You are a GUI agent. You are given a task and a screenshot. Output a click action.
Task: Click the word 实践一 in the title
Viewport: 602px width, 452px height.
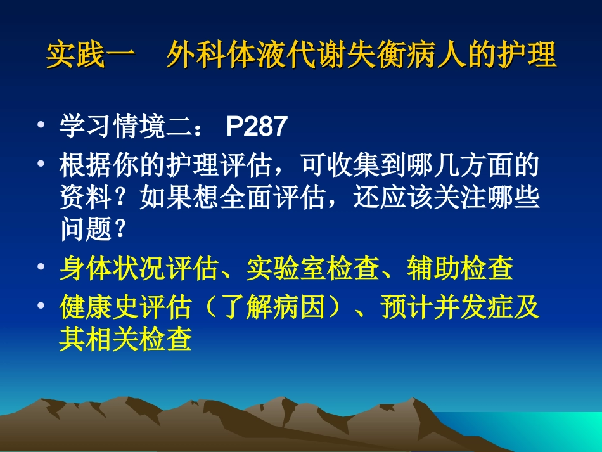click(x=91, y=56)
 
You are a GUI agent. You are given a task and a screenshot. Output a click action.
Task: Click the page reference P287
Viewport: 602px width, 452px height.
click(x=257, y=127)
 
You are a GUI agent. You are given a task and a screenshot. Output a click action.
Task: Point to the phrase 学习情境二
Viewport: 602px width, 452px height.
click(x=125, y=127)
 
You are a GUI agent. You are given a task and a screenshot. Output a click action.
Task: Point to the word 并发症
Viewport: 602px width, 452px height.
click(x=487, y=308)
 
